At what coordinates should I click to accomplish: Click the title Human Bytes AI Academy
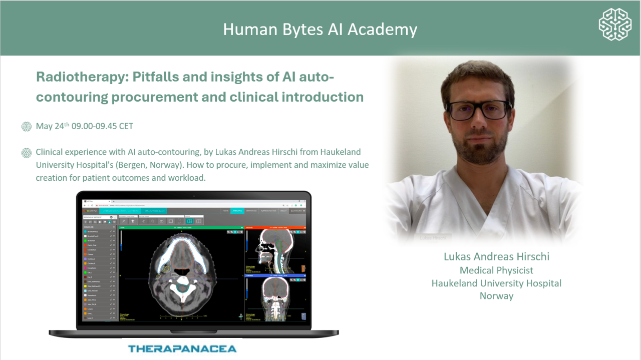320,29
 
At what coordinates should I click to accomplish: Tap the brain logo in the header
614,24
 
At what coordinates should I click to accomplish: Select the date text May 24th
52,126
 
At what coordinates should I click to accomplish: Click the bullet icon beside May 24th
27,127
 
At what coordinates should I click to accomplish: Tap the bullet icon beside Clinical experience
27,153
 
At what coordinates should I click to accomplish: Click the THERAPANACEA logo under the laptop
182,348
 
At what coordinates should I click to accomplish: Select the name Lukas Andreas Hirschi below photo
496,257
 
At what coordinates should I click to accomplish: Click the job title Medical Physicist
496,270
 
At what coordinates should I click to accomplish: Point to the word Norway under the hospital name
496,296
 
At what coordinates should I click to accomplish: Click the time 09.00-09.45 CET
103,126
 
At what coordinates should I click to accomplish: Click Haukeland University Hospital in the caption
496,283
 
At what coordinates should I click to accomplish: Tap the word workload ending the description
189,178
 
